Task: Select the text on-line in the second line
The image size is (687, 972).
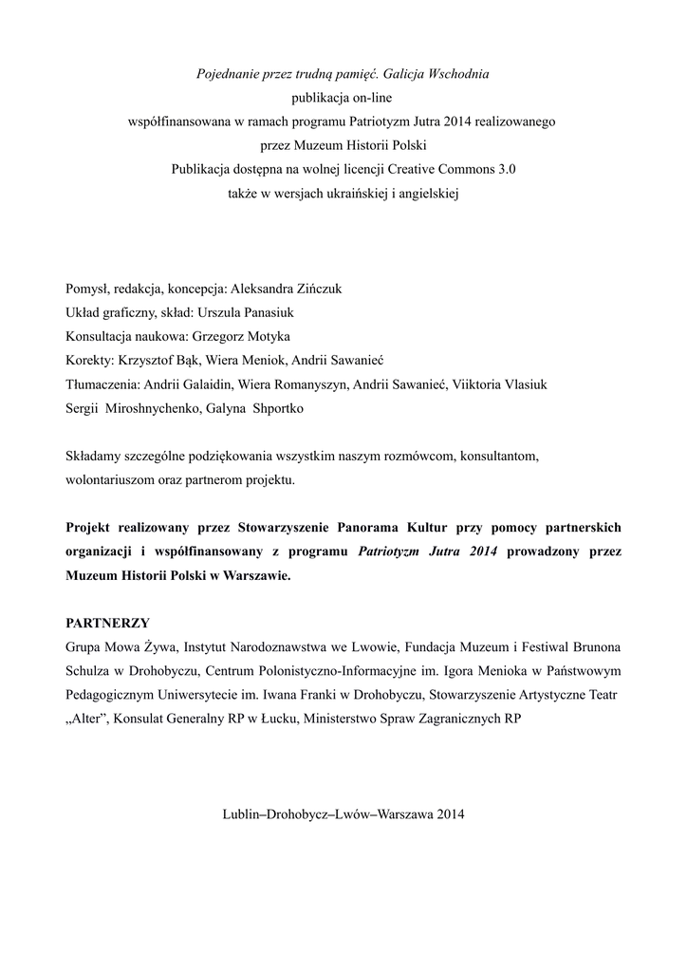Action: pyautogui.click(x=371, y=97)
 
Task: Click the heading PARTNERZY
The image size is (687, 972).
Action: pyautogui.click(x=107, y=623)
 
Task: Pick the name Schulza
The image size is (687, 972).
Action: pyautogui.click(x=90, y=672)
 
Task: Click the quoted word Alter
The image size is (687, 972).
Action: pyautogui.click(x=91, y=720)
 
